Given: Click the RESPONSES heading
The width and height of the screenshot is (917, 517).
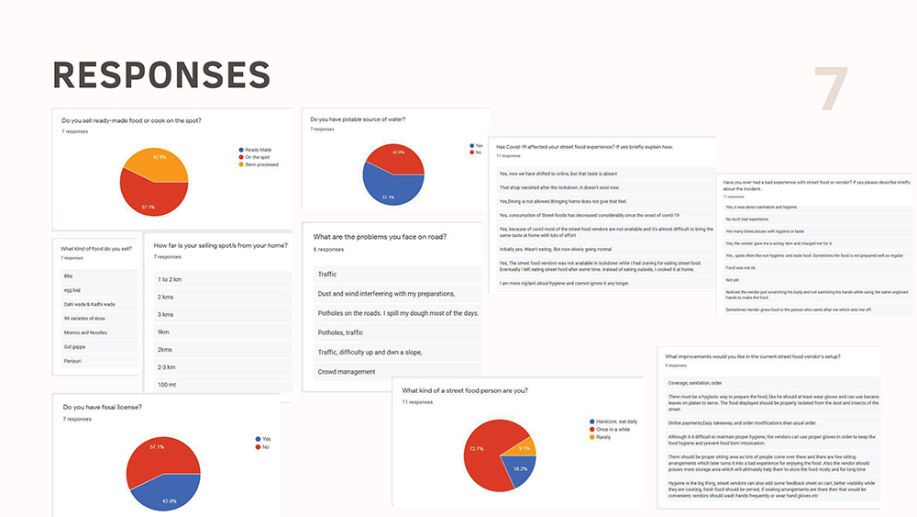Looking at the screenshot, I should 161,75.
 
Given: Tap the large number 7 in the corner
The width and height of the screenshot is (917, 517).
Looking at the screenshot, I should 831,90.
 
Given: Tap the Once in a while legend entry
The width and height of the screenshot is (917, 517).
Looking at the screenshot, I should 613,429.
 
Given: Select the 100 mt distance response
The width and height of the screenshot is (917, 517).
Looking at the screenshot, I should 169,384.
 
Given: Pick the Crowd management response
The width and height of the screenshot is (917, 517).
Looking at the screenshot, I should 347,372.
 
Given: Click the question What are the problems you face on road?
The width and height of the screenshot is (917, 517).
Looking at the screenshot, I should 380,237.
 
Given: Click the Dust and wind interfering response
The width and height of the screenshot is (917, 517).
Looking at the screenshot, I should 386,294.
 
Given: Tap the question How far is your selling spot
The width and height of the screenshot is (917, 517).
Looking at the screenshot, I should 220,245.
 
